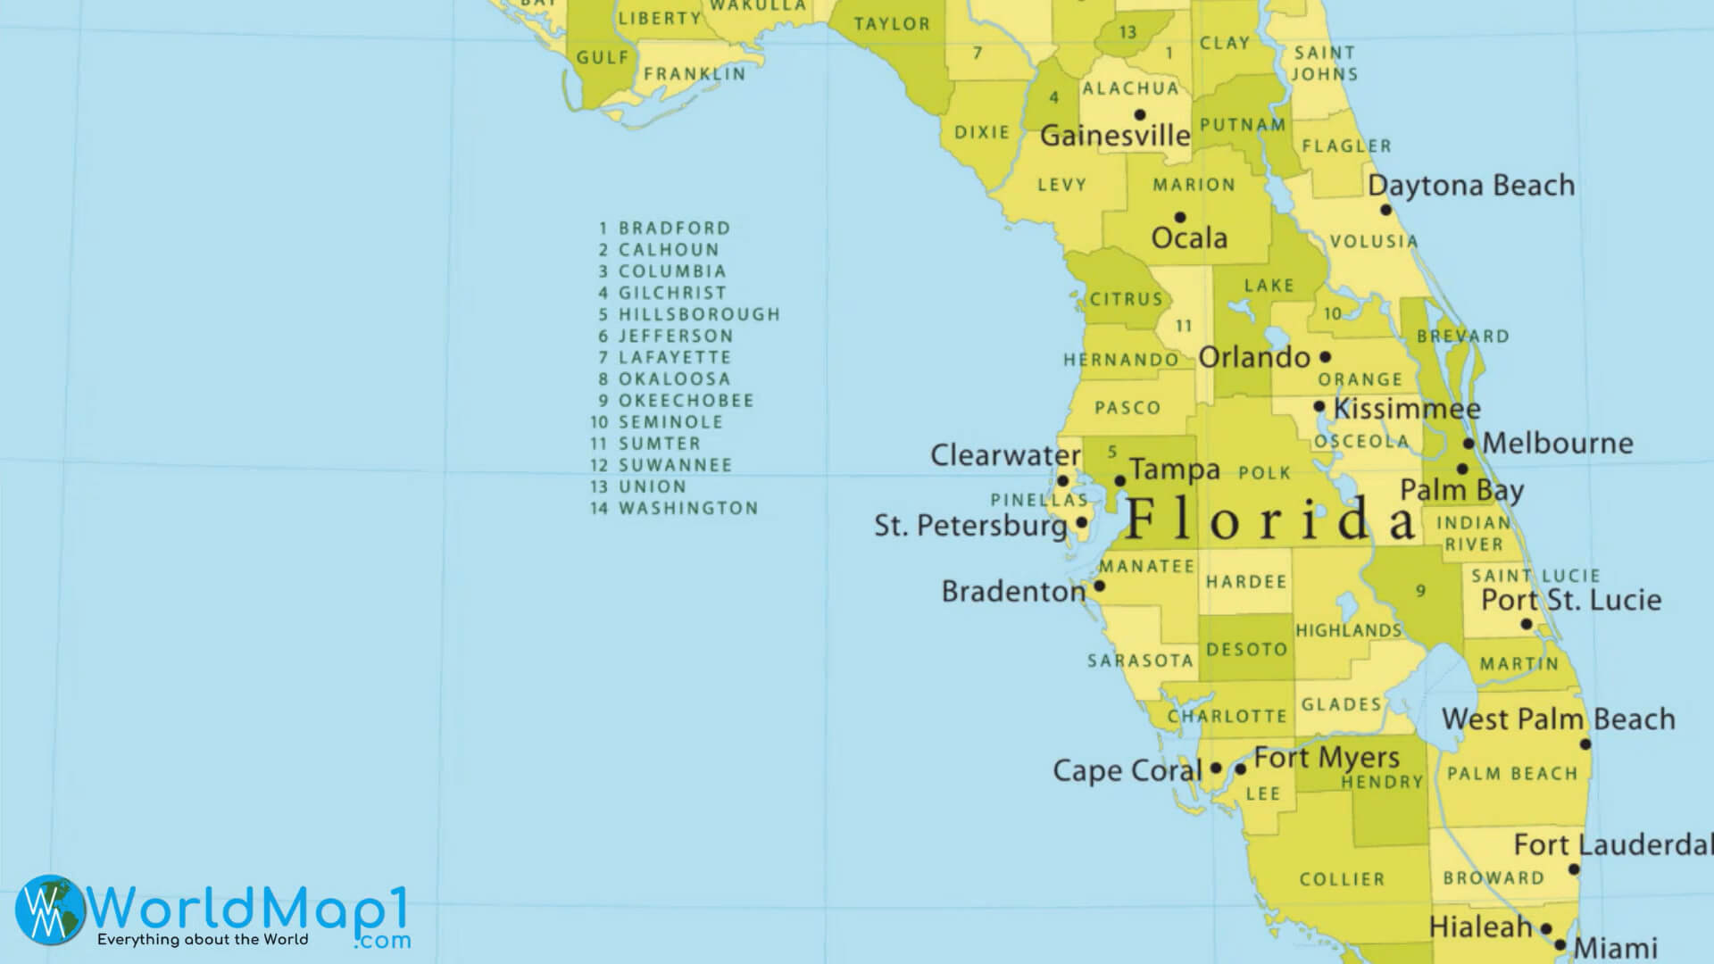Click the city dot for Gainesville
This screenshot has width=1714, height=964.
[x=1140, y=114]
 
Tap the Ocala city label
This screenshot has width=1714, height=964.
[x=1189, y=238]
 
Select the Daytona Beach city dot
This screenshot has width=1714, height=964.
[x=1385, y=210]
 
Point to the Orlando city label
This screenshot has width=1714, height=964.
[x=1254, y=358]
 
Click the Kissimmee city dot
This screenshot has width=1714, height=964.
[x=1319, y=406]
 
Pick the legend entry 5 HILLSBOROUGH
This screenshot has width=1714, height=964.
[x=689, y=314]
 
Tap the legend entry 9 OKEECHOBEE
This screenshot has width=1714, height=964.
[x=677, y=401]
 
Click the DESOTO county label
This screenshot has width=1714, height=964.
[x=1246, y=650]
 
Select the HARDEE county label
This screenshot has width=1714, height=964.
[x=1246, y=582]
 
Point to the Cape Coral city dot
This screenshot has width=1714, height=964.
[x=1216, y=768]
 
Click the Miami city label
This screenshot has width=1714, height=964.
[x=1616, y=948]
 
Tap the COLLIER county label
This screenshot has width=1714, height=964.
[x=1342, y=879]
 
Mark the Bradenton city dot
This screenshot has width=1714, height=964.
[x=1100, y=586]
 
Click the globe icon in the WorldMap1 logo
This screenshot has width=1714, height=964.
[x=51, y=909]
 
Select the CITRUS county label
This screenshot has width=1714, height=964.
[x=1127, y=299]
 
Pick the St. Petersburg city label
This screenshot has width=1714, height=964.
[x=970, y=526]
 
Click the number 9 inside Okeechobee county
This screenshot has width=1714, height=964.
[x=1420, y=590]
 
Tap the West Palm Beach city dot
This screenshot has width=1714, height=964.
[x=1585, y=744]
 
